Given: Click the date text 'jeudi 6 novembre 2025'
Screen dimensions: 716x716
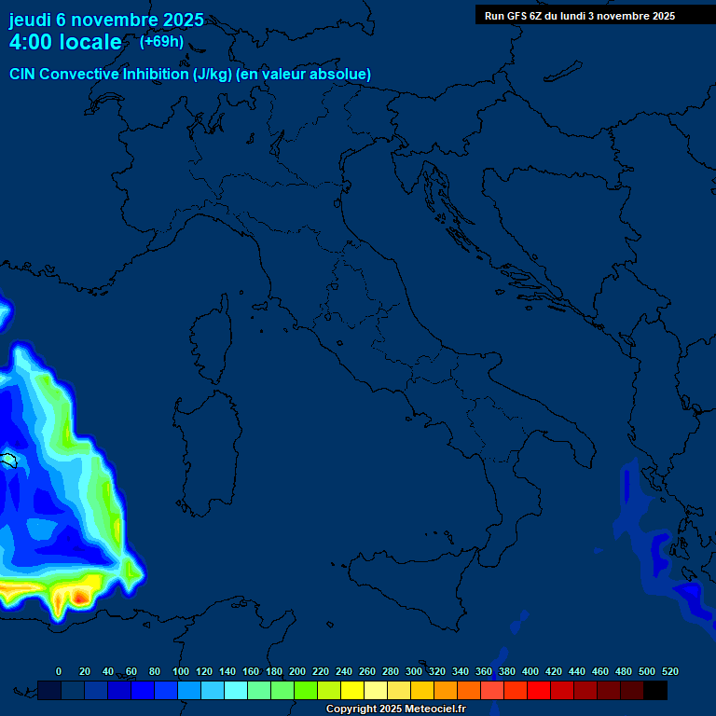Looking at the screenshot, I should pyautogui.click(x=106, y=20).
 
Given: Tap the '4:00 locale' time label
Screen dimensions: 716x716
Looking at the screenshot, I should pyautogui.click(x=65, y=42).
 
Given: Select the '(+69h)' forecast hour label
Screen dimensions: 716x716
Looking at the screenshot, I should pyautogui.click(x=161, y=41).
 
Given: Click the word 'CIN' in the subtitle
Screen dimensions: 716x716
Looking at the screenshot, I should pyautogui.click(x=22, y=74).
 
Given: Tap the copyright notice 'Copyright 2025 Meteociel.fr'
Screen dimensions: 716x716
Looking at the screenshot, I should pyautogui.click(x=395, y=709).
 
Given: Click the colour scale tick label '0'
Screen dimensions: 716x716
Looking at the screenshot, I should pyautogui.click(x=59, y=671).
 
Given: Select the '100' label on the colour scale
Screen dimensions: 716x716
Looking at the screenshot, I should pyautogui.click(x=181, y=671).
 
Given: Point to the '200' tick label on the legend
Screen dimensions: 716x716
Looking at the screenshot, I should pyautogui.click(x=297, y=671).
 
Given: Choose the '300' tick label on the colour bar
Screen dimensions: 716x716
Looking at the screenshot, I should pyautogui.click(x=414, y=671).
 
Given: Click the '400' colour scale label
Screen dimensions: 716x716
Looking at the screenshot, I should pyautogui.click(x=530, y=671).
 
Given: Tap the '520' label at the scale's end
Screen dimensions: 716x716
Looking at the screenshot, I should pyautogui.click(x=669, y=671).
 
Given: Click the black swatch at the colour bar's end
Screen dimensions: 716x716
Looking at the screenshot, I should pyautogui.click(x=655, y=690).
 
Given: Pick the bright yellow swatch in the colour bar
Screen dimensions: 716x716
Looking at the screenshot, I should pyautogui.click(x=352, y=690).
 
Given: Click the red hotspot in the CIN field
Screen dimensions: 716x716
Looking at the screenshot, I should pyautogui.click(x=81, y=594).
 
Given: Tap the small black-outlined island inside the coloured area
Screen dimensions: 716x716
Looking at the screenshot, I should pyautogui.click(x=9, y=460).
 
